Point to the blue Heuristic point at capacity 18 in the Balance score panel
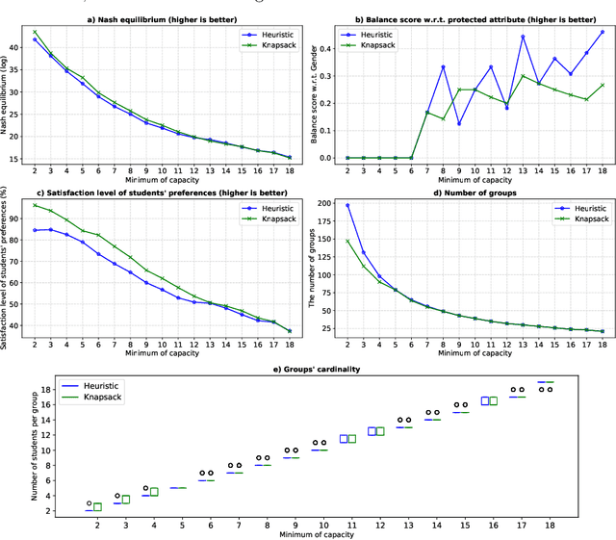coord(603,31)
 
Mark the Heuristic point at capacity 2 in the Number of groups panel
coord(347,205)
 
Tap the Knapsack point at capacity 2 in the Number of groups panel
coord(347,241)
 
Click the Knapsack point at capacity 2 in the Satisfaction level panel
coord(36,205)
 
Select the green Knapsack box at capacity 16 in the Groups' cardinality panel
coord(495,400)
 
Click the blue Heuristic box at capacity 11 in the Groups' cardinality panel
coord(344,439)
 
